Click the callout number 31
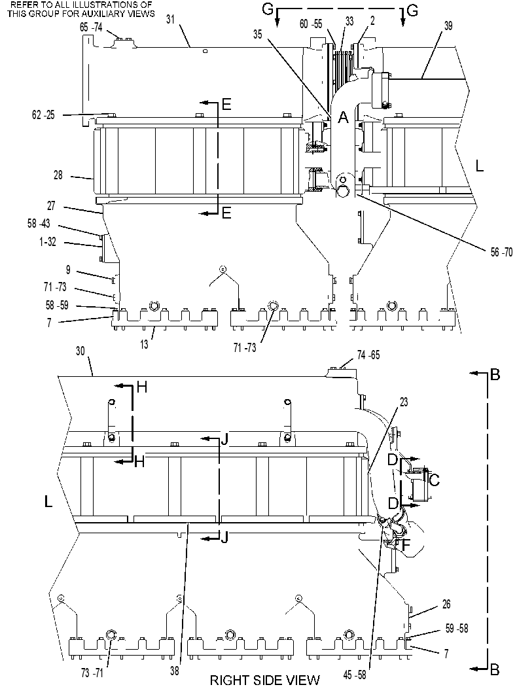coord(171,19)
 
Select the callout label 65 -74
coord(91,27)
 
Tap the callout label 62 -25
coord(43,115)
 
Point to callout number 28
coord(58,175)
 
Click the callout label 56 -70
coord(501,252)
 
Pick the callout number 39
coord(448,26)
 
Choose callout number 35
coord(258,34)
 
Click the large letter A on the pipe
coord(343,117)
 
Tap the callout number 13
coord(144,344)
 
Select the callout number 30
coord(80,351)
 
